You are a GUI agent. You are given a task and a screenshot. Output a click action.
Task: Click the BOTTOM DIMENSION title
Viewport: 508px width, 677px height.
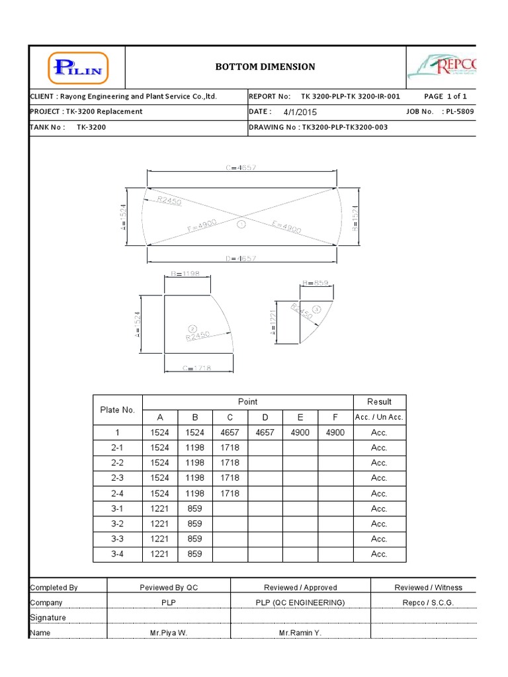point(265,67)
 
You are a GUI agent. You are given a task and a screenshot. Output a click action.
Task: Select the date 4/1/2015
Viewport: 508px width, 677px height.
point(300,112)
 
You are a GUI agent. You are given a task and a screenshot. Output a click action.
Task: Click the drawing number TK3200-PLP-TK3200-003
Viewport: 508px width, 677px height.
point(344,127)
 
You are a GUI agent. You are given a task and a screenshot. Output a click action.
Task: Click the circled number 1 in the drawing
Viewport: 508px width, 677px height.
point(241,225)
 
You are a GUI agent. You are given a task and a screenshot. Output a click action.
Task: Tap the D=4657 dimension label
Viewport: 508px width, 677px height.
point(240,258)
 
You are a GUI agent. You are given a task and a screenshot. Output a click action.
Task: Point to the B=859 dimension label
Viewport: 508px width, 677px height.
point(315,283)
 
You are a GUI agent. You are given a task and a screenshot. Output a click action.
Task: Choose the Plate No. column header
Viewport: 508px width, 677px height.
point(118,410)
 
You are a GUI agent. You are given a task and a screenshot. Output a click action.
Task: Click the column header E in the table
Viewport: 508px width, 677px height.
point(300,417)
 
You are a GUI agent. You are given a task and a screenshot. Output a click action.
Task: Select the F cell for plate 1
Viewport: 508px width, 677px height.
point(335,432)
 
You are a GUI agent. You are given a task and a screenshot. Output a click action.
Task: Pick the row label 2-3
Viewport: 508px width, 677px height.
point(118,478)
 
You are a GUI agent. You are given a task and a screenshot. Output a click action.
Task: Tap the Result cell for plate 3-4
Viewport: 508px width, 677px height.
point(379,554)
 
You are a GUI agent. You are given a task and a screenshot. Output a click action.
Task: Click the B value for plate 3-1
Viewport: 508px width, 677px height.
point(195,508)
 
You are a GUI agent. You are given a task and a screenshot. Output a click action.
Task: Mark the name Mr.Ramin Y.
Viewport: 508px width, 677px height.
point(300,633)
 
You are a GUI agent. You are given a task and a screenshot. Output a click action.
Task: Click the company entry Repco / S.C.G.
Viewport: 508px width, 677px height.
point(428,602)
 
